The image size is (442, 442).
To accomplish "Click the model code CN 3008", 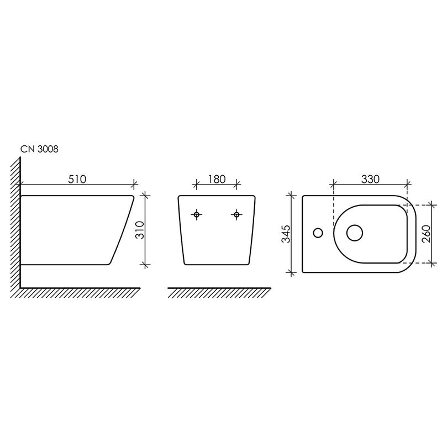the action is coord(39,149).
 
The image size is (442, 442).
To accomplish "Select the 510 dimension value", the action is coord(77,179).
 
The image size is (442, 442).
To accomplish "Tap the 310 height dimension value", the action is coord(140,230).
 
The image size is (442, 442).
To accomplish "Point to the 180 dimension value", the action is coord(217,179).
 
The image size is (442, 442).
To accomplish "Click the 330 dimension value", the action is coord(370,179).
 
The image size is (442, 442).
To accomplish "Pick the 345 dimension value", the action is coord(286,234).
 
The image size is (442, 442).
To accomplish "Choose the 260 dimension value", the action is coord(427,234).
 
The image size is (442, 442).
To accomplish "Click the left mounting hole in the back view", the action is coord(197,215).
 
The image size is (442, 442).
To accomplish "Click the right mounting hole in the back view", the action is coord(236,215).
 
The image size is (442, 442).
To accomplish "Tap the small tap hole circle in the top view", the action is coord(318,233).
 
